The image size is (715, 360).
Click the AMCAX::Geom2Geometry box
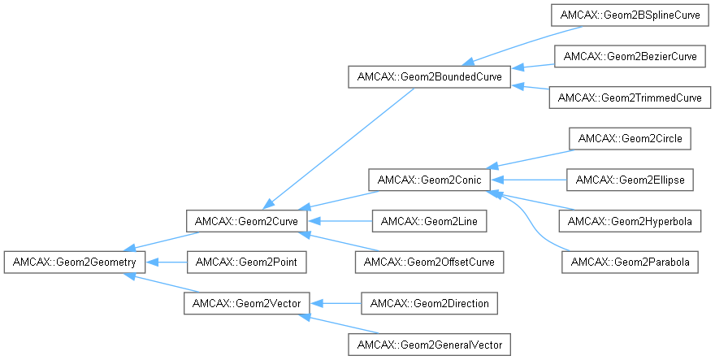(75, 262)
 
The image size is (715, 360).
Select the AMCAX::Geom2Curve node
(246, 220)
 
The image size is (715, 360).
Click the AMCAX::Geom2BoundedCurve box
(429, 77)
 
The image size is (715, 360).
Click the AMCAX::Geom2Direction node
(429, 303)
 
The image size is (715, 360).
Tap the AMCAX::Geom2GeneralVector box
(429, 345)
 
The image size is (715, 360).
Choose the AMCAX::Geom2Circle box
(630, 138)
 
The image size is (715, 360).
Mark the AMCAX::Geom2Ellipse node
(630, 179)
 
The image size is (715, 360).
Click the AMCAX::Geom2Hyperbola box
(630, 220)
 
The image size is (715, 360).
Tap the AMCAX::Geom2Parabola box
(630, 262)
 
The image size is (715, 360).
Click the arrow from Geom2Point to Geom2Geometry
(167, 262)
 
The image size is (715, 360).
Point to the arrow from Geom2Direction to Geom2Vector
(334, 303)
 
